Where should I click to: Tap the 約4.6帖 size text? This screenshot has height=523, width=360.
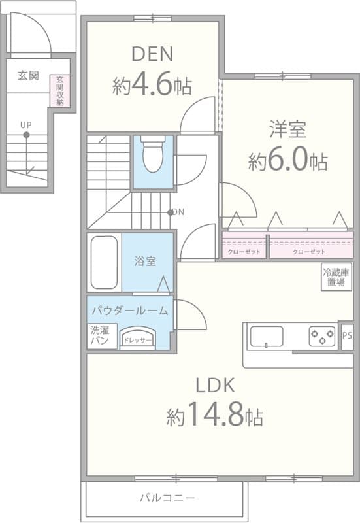pyautogui.click(x=152, y=86)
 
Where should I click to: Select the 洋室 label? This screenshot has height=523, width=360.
pyautogui.click(x=287, y=129)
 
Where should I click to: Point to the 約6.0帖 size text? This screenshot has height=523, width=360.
pyautogui.click(x=287, y=161)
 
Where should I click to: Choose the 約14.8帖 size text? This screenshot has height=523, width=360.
pyautogui.click(x=215, y=414)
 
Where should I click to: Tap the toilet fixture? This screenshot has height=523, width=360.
pyautogui.click(x=153, y=154)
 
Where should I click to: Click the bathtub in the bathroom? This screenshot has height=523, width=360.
pyautogui.click(x=104, y=262)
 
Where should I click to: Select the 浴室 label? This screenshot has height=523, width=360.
pyautogui.click(x=145, y=261)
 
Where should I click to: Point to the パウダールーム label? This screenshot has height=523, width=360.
pyautogui.click(x=129, y=310)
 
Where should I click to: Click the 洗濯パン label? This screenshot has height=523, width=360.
pyautogui.click(x=99, y=335)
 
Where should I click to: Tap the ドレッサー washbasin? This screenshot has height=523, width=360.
pyautogui.click(x=137, y=339)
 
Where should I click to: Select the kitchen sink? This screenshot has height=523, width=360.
pyautogui.click(x=267, y=337)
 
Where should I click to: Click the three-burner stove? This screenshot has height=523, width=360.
pyautogui.click(x=322, y=337)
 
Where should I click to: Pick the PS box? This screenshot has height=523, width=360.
pyautogui.click(x=347, y=336)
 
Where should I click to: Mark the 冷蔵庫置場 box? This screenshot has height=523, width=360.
pyautogui.click(x=336, y=277)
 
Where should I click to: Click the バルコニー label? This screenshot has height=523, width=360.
pyautogui.click(x=163, y=498)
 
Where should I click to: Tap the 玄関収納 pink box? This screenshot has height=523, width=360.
pyautogui.click(x=59, y=90)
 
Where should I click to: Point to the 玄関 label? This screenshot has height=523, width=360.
pyautogui.click(x=28, y=76)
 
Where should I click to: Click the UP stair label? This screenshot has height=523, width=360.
pyautogui.click(x=26, y=124)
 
